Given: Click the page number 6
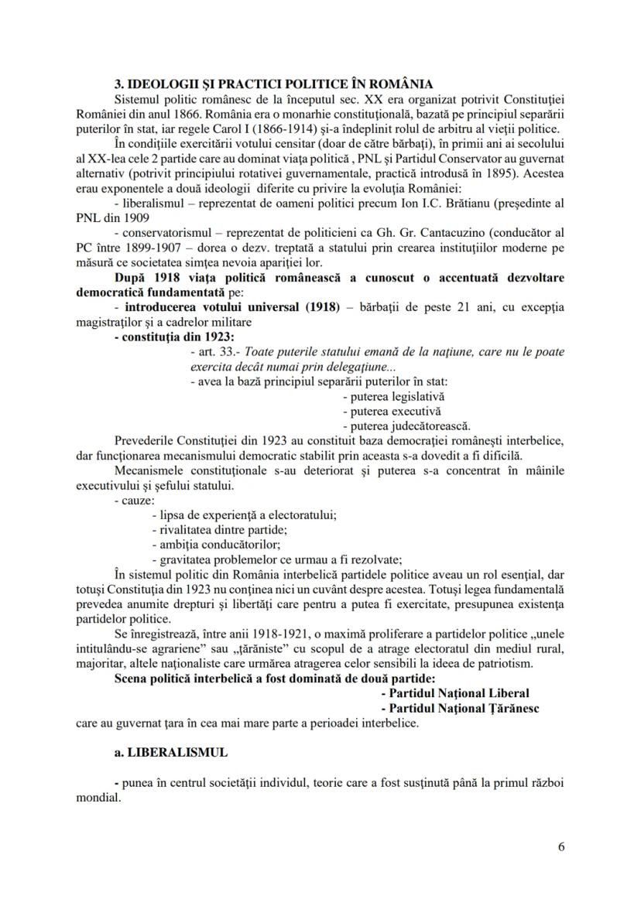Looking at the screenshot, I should coord(560,846).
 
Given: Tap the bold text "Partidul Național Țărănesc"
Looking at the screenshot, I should coord(463,708).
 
